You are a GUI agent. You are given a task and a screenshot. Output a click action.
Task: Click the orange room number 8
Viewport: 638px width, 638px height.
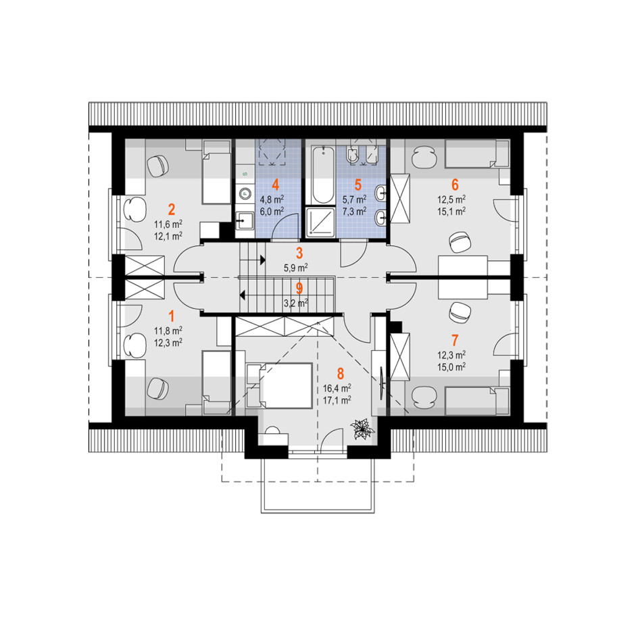(x=341, y=373)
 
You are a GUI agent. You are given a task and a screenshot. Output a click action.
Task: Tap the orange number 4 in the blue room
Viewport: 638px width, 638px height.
(x=276, y=185)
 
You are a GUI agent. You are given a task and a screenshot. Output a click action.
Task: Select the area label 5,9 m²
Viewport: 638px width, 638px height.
(x=296, y=268)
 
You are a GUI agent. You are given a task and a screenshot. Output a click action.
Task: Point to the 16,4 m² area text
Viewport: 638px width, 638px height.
(x=337, y=388)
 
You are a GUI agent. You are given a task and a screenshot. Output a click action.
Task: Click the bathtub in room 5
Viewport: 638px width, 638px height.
(x=323, y=174)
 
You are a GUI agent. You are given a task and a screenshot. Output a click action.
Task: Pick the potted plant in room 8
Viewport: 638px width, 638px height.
(x=362, y=429)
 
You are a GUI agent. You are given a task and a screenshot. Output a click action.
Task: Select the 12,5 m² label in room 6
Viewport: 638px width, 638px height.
(x=451, y=200)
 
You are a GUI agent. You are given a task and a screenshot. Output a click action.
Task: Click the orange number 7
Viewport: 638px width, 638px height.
(x=454, y=340)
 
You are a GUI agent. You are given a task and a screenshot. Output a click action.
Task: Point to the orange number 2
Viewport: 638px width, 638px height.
(x=171, y=210)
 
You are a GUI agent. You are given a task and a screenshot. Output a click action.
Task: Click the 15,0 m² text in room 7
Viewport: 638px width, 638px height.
(x=451, y=368)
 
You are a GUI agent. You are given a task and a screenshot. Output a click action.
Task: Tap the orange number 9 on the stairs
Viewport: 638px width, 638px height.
(x=299, y=289)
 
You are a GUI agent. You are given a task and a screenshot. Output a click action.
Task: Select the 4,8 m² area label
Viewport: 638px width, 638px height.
(x=272, y=200)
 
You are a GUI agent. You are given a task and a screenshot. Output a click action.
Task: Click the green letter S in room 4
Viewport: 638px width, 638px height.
(x=245, y=174)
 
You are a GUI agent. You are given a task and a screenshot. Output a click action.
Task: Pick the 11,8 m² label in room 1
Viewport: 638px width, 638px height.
(x=168, y=330)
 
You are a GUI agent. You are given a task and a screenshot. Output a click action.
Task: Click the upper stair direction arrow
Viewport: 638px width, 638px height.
(x=263, y=260)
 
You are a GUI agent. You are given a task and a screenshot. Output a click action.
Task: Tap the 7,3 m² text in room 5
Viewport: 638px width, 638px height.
(x=354, y=211)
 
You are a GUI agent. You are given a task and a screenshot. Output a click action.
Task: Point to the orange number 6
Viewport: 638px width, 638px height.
(x=455, y=185)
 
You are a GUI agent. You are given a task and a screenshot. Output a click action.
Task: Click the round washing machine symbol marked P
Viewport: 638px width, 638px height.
(x=245, y=194)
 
